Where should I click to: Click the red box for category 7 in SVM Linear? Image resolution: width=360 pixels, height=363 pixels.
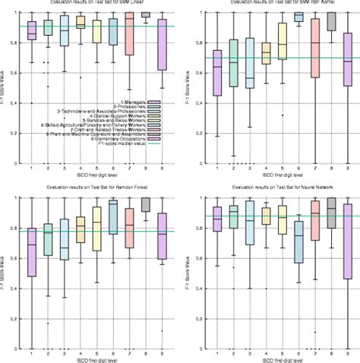(129, 34)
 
